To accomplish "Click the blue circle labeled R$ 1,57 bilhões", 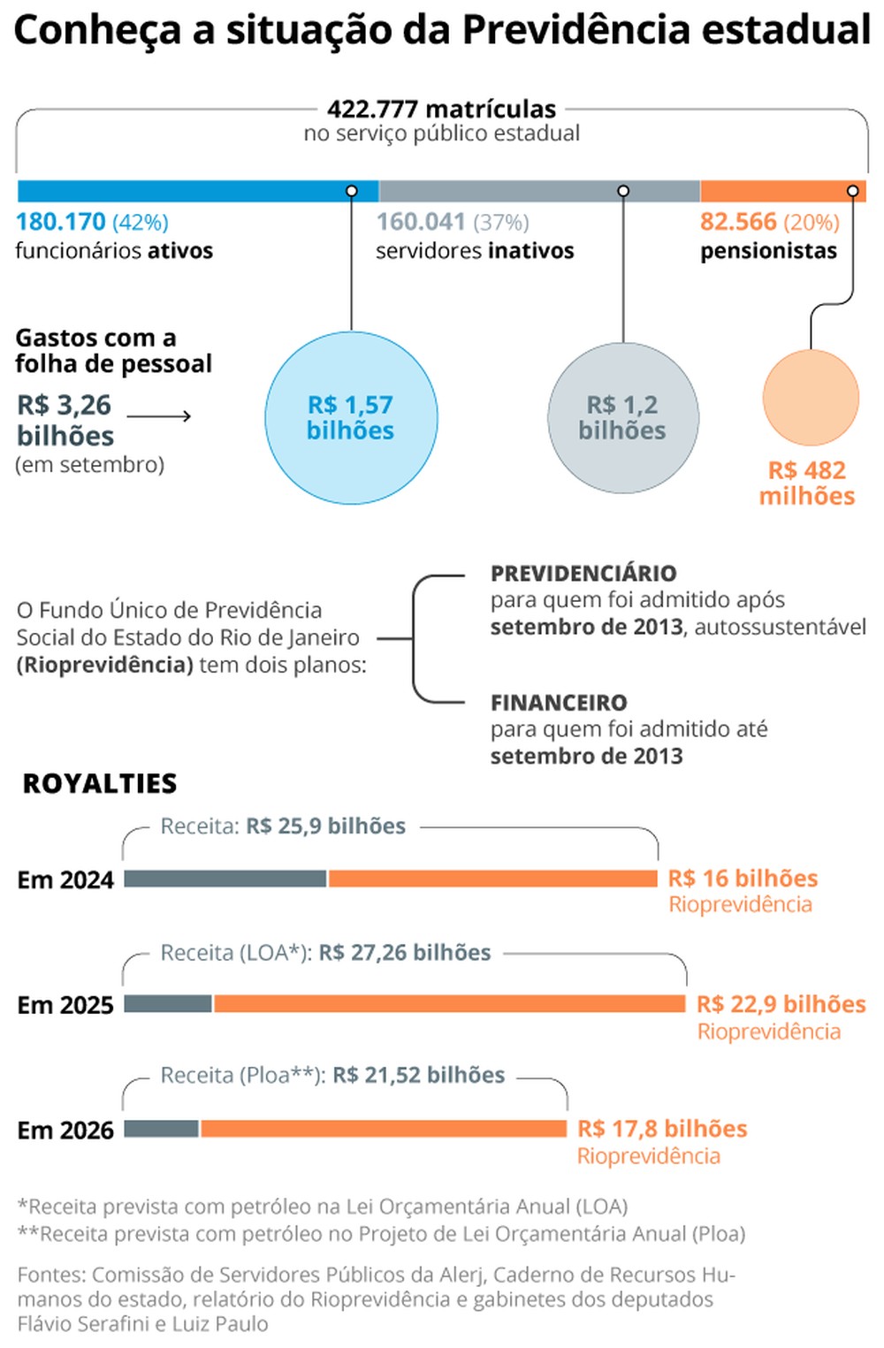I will pos(351,417).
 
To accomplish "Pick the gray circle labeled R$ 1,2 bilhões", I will pos(623,417).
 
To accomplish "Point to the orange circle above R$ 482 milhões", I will pos(811,398).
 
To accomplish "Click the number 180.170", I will pos(61,222).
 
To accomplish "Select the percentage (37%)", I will pos(501,222).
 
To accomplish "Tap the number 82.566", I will pos(738,222).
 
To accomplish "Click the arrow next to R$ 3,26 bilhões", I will pos(159,415).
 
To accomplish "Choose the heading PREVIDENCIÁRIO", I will pos(583,574).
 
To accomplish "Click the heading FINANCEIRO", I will pos(559,703).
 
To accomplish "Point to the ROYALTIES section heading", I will pos(100,783).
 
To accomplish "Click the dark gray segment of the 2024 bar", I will pos(225,879).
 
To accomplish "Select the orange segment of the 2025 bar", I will pos(449,1003).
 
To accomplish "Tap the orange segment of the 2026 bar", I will pos(383,1129).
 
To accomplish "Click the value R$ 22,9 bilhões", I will pos(781,1004).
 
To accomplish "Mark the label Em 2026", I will pos(65,1131).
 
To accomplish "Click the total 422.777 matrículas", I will pos(442,109).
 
